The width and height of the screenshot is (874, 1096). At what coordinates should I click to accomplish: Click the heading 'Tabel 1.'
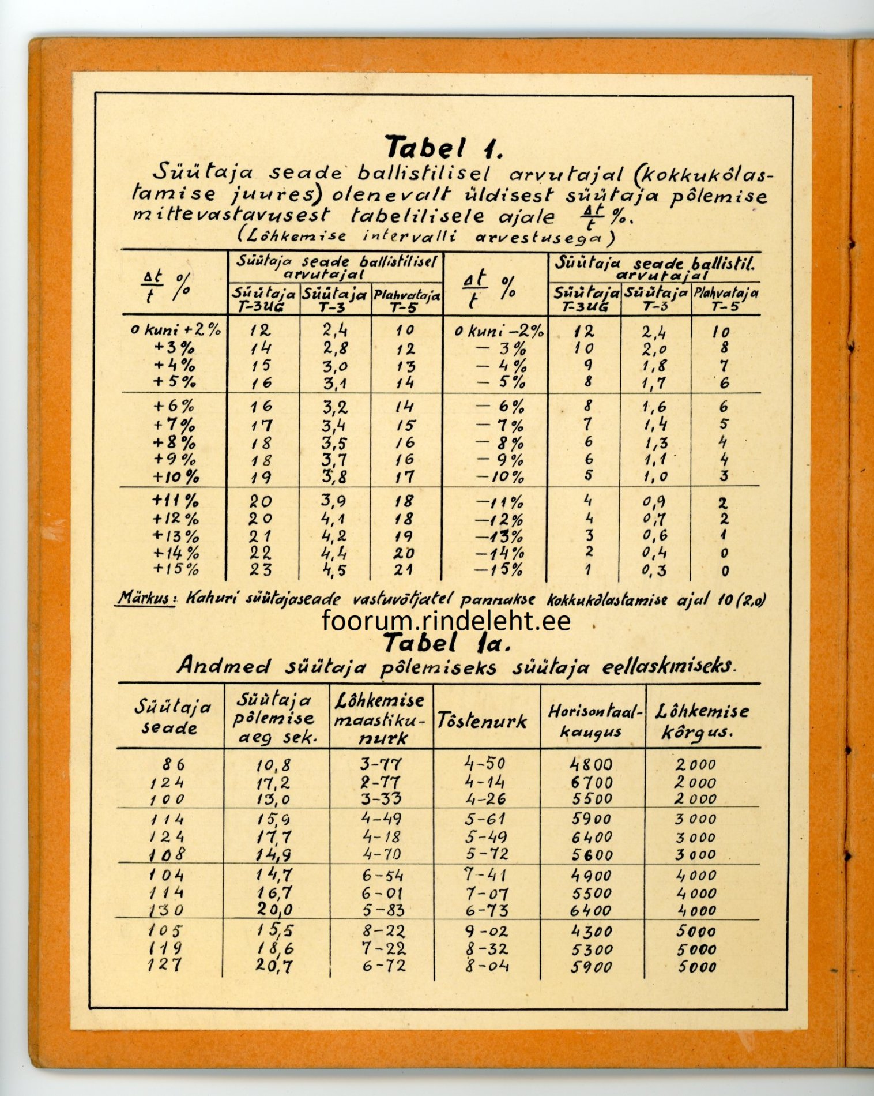444,148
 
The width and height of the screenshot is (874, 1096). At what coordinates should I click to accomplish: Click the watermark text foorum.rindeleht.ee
447,621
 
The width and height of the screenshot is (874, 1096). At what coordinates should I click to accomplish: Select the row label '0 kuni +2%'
176,331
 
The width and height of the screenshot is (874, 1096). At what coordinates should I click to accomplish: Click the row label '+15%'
176,569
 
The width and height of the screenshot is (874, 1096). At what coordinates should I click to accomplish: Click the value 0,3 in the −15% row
655,570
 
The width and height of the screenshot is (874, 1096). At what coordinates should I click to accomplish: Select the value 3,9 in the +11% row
334,501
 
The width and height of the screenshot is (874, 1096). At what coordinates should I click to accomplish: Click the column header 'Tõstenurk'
482,720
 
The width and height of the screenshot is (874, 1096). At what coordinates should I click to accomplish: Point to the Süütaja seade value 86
173,764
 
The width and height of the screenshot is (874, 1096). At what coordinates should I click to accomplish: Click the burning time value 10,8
274,765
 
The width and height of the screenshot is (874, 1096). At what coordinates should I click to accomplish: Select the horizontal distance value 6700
592,783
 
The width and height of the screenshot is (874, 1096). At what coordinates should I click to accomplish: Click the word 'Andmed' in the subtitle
224,666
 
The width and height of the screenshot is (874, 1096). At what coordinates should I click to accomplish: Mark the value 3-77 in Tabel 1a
381,764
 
